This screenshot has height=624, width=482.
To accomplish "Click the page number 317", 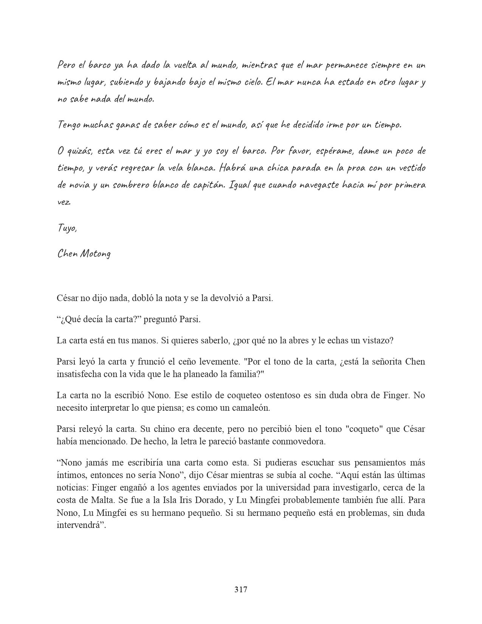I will coord(241,589).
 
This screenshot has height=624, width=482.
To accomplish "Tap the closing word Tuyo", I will coord(67,228).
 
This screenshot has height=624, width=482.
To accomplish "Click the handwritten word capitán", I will coord(207,185).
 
